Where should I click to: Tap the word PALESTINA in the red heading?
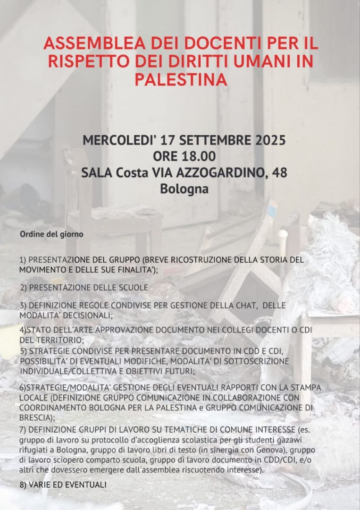click(181, 79)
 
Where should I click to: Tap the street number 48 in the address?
click(278, 172)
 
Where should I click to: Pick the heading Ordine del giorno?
click(51, 234)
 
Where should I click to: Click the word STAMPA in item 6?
click(308, 387)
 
